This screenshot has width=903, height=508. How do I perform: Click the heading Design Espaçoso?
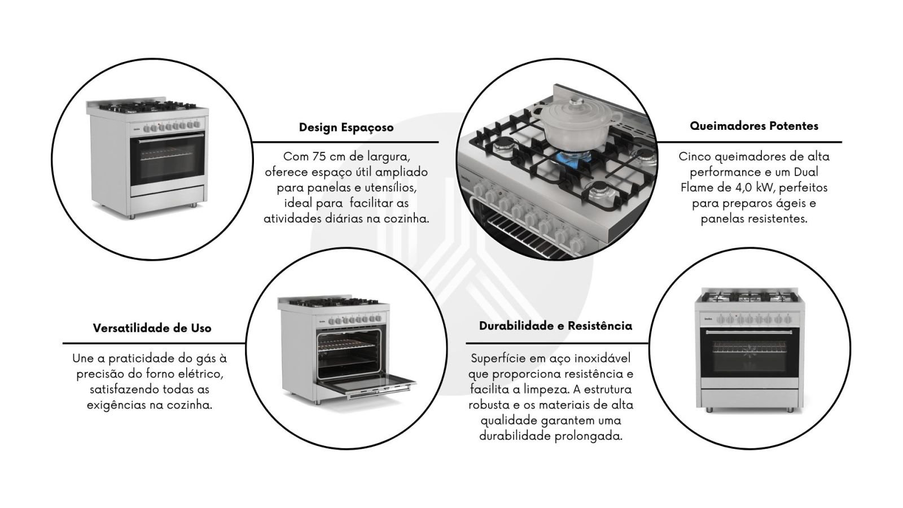tap(347, 128)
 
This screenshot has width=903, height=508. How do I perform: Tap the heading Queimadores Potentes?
tap(754, 126)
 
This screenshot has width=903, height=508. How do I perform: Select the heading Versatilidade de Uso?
tap(152, 328)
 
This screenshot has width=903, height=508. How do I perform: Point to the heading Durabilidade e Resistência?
tap(555, 326)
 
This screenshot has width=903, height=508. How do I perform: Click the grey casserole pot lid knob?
tap(577, 101)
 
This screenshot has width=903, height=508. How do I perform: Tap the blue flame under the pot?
tap(573, 156)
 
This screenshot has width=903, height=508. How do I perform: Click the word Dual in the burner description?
tap(806, 172)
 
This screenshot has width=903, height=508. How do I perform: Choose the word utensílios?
tap(391, 188)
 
